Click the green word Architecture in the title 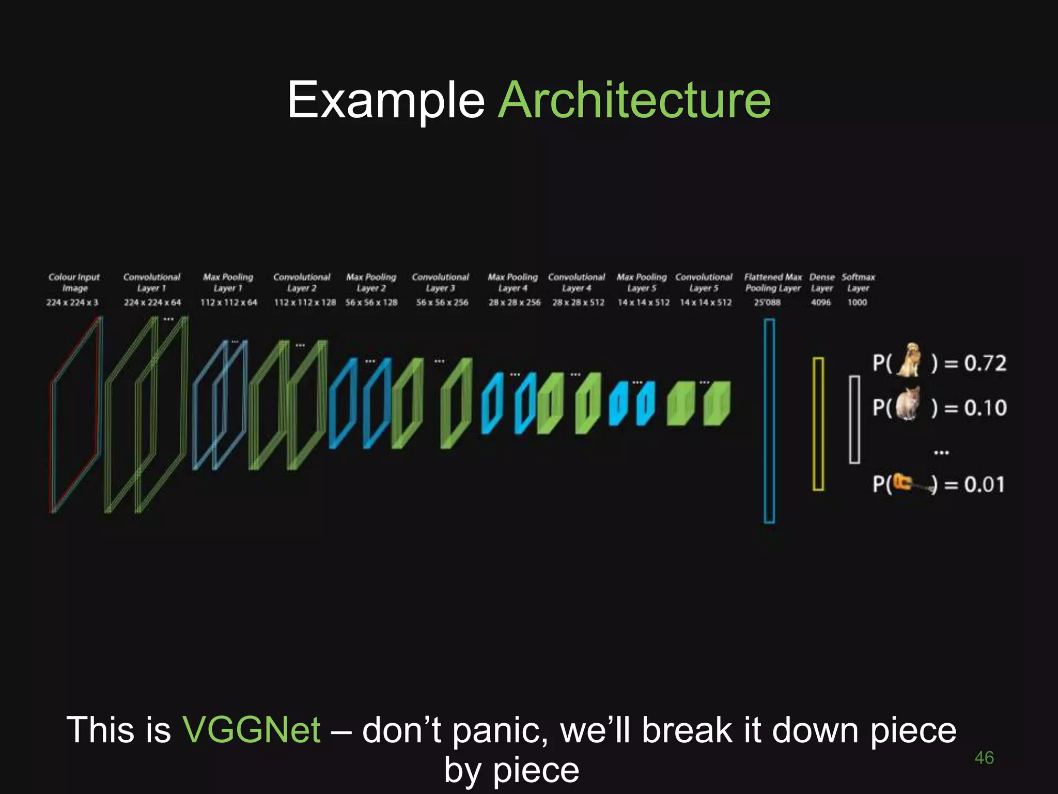pyautogui.click(x=634, y=100)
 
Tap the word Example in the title pyautogui.click(x=385, y=100)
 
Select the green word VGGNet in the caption pyautogui.click(x=251, y=729)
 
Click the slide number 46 pyautogui.click(x=984, y=758)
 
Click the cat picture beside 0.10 pyautogui.click(x=909, y=405)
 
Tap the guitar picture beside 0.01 pyautogui.click(x=912, y=484)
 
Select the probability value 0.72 pyautogui.click(x=985, y=363)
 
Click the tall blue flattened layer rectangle pyautogui.click(x=769, y=421)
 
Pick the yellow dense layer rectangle pyautogui.click(x=818, y=423)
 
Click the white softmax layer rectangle pyautogui.click(x=854, y=419)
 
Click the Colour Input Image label pyautogui.click(x=74, y=282)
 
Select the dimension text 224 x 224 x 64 pyautogui.click(x=152, y=302)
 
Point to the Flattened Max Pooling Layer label pyautogui.click(x=773, y=282)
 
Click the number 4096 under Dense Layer pyautogui.click(x=820, y=302)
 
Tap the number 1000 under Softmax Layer pyautogui.click(x=857, y=302)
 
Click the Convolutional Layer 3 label pyautogui.click(x=440, y=282)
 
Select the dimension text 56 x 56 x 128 pyautogui.click(x=371, y=302)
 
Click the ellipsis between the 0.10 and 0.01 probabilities pyautogui.click(x=941, y=452)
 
